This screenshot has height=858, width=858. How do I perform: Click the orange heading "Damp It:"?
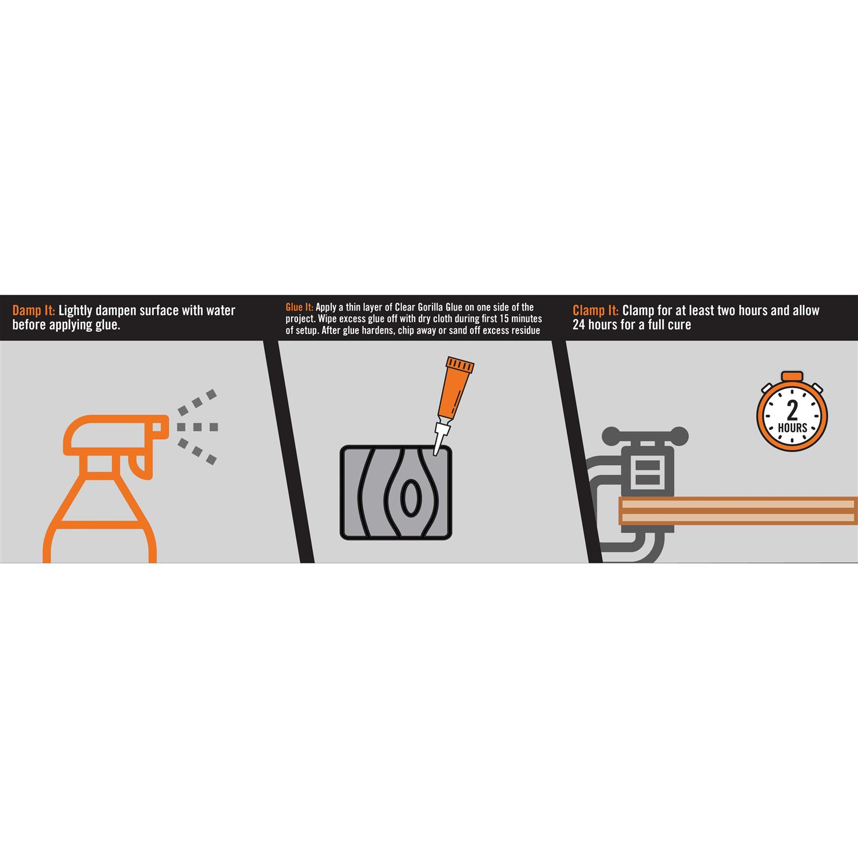coord(34,311)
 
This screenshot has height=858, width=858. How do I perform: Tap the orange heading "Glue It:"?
coord(299,307)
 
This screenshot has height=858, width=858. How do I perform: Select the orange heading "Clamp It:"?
coord(595,311)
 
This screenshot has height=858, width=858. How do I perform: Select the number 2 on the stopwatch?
coord(792,410)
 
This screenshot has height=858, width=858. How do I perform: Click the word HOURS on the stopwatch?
coord(792,428)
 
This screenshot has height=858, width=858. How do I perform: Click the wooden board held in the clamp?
coord(738,511)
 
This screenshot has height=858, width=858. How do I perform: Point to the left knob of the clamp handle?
coord(611,435)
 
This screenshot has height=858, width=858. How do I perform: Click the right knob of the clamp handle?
coord(680,435)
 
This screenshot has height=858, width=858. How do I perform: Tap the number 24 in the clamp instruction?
coord(579,324)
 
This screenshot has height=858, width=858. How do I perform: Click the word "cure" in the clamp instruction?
coord(680,325)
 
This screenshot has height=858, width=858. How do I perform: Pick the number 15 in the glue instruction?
coord(504,319)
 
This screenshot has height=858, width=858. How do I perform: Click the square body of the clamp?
coord(648,470)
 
